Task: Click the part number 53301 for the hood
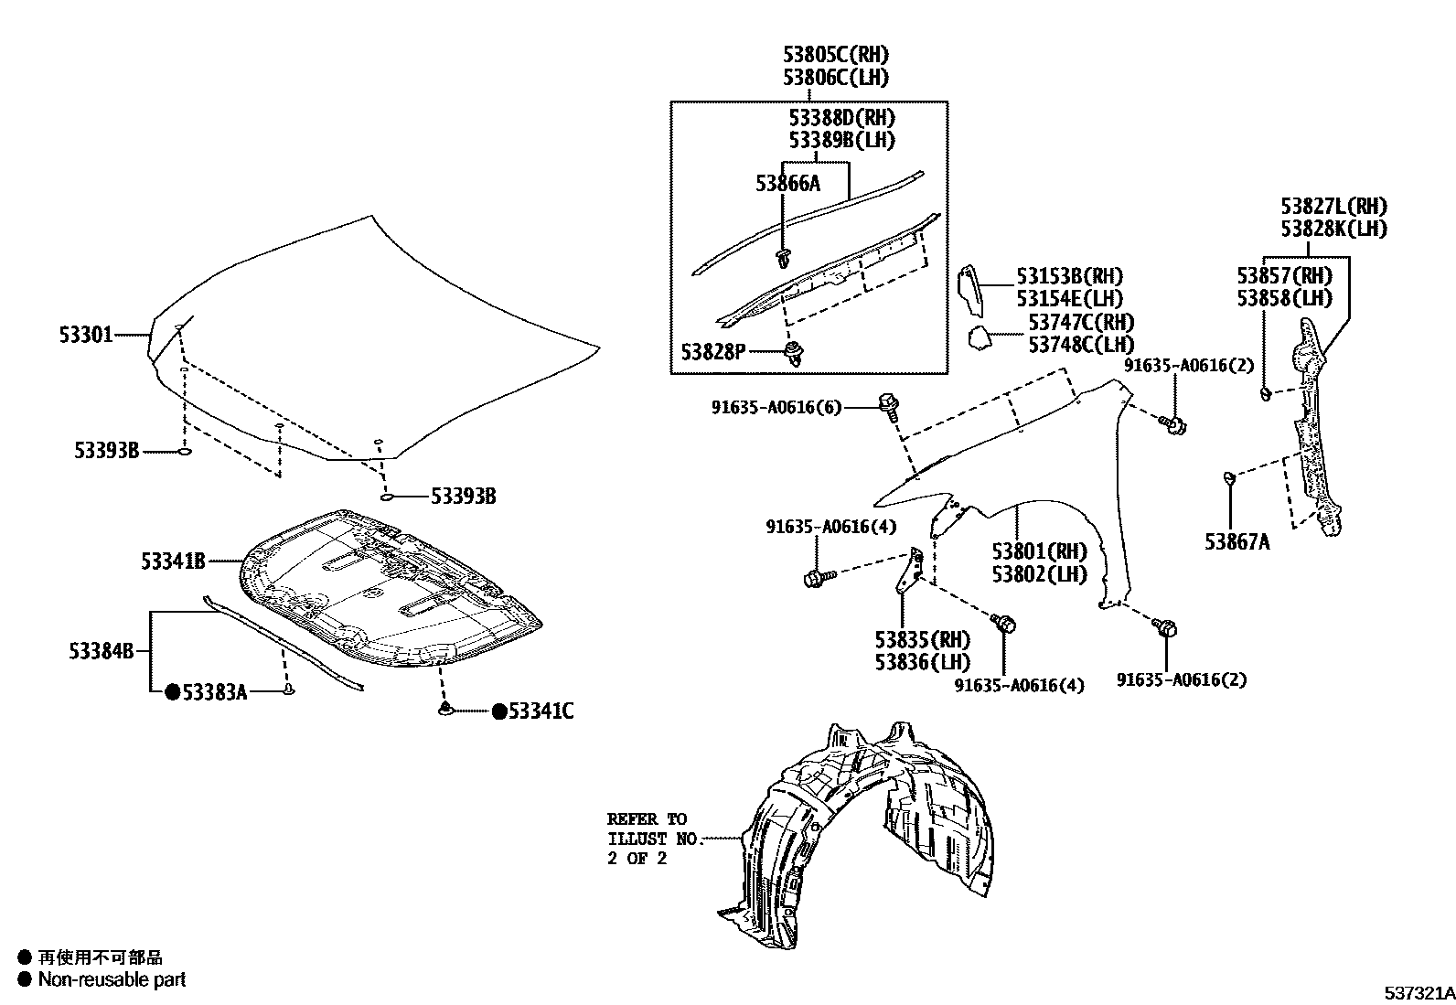[x=86, y=335]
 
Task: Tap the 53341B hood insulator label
[x=173, y=561]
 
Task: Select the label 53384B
[x=101, y=651]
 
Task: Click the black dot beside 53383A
[x=172, y=692]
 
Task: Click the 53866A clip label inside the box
[x=787, y=184]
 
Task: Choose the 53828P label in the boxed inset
[x=712, y=351]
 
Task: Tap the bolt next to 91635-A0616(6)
[x=888, y=405]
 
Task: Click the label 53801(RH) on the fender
[x=1040, y=551]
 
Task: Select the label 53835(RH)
[x=922, y=639]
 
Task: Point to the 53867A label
[x=1237, y=541]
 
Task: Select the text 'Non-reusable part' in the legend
[x=112, y=979]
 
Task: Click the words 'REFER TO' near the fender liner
[x=647, y=818]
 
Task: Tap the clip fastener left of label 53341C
[x=445, y=710]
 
